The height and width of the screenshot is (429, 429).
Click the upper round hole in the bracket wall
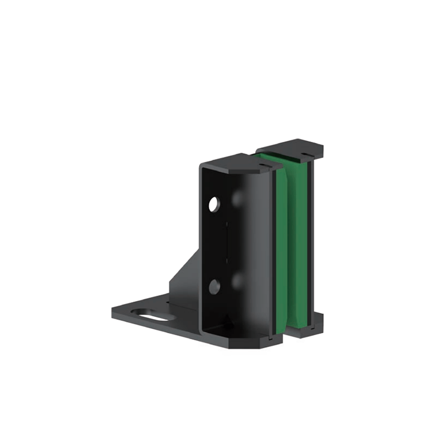(213, 204)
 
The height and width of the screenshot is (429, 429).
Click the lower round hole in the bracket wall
(214, 287)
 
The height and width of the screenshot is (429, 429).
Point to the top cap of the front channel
(237, 162)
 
